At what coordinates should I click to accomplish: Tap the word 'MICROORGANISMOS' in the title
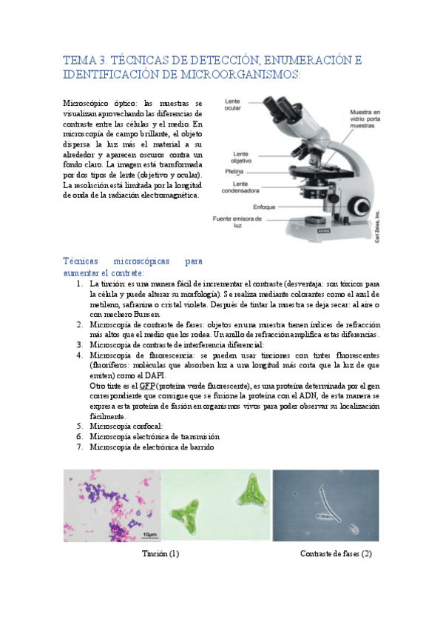coord(243,75)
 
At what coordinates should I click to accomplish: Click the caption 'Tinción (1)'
coord(160,553)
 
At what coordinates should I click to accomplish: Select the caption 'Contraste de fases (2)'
coord(336,553)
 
